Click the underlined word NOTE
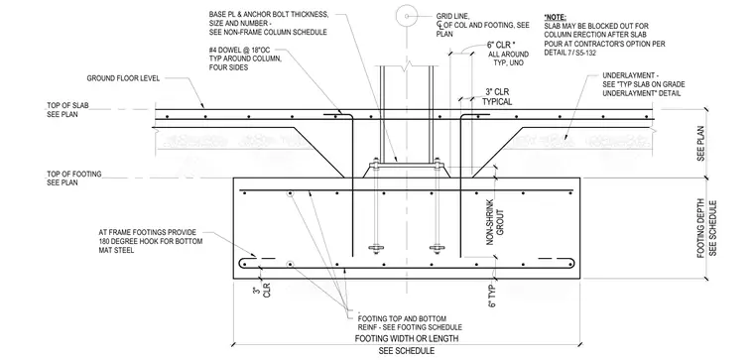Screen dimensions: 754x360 click(555, 17)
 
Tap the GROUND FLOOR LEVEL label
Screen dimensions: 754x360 click(123, 78)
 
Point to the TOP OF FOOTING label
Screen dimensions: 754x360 click(74, 174)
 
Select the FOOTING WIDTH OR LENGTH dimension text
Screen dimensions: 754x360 click(407, 338)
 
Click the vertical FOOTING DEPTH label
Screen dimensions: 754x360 click(700, 228)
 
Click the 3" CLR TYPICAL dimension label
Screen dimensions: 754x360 click(497, 96)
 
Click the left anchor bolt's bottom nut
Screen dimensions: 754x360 click(376, 249)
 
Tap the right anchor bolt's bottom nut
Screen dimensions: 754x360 click(437, 249)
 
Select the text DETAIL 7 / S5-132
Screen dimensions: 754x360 click(570, 53)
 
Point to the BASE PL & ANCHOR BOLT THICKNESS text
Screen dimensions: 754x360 click(269, 15)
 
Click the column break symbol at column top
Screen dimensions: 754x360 click(407, 66)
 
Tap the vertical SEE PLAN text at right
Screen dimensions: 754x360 click(700, 143)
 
